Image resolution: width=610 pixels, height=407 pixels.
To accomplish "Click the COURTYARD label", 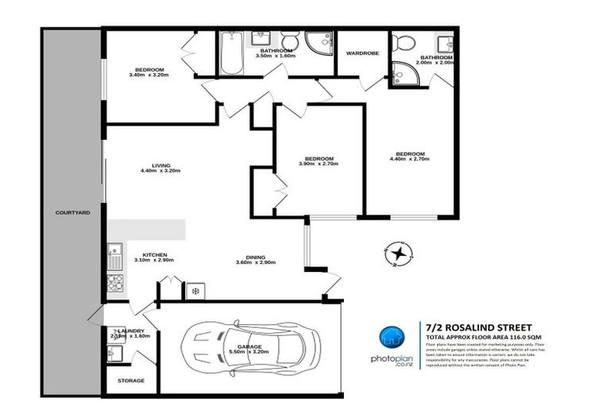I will (x=71, y=213).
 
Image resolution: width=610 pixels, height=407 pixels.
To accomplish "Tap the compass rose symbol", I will (x=397, y=253).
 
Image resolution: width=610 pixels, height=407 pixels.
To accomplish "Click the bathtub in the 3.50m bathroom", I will (x=231, y=53).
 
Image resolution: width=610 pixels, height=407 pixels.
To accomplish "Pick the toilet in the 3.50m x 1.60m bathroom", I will (x=289, y=41).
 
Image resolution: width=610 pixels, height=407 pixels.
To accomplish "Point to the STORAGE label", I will (x=131, y=381).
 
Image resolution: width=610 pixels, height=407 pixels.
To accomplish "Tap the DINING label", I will (x=255, y=256).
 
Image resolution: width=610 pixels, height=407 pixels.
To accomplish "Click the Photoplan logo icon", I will (x=388, y=337).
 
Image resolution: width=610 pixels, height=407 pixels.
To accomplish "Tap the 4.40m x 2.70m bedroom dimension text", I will (x=411, y=160).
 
